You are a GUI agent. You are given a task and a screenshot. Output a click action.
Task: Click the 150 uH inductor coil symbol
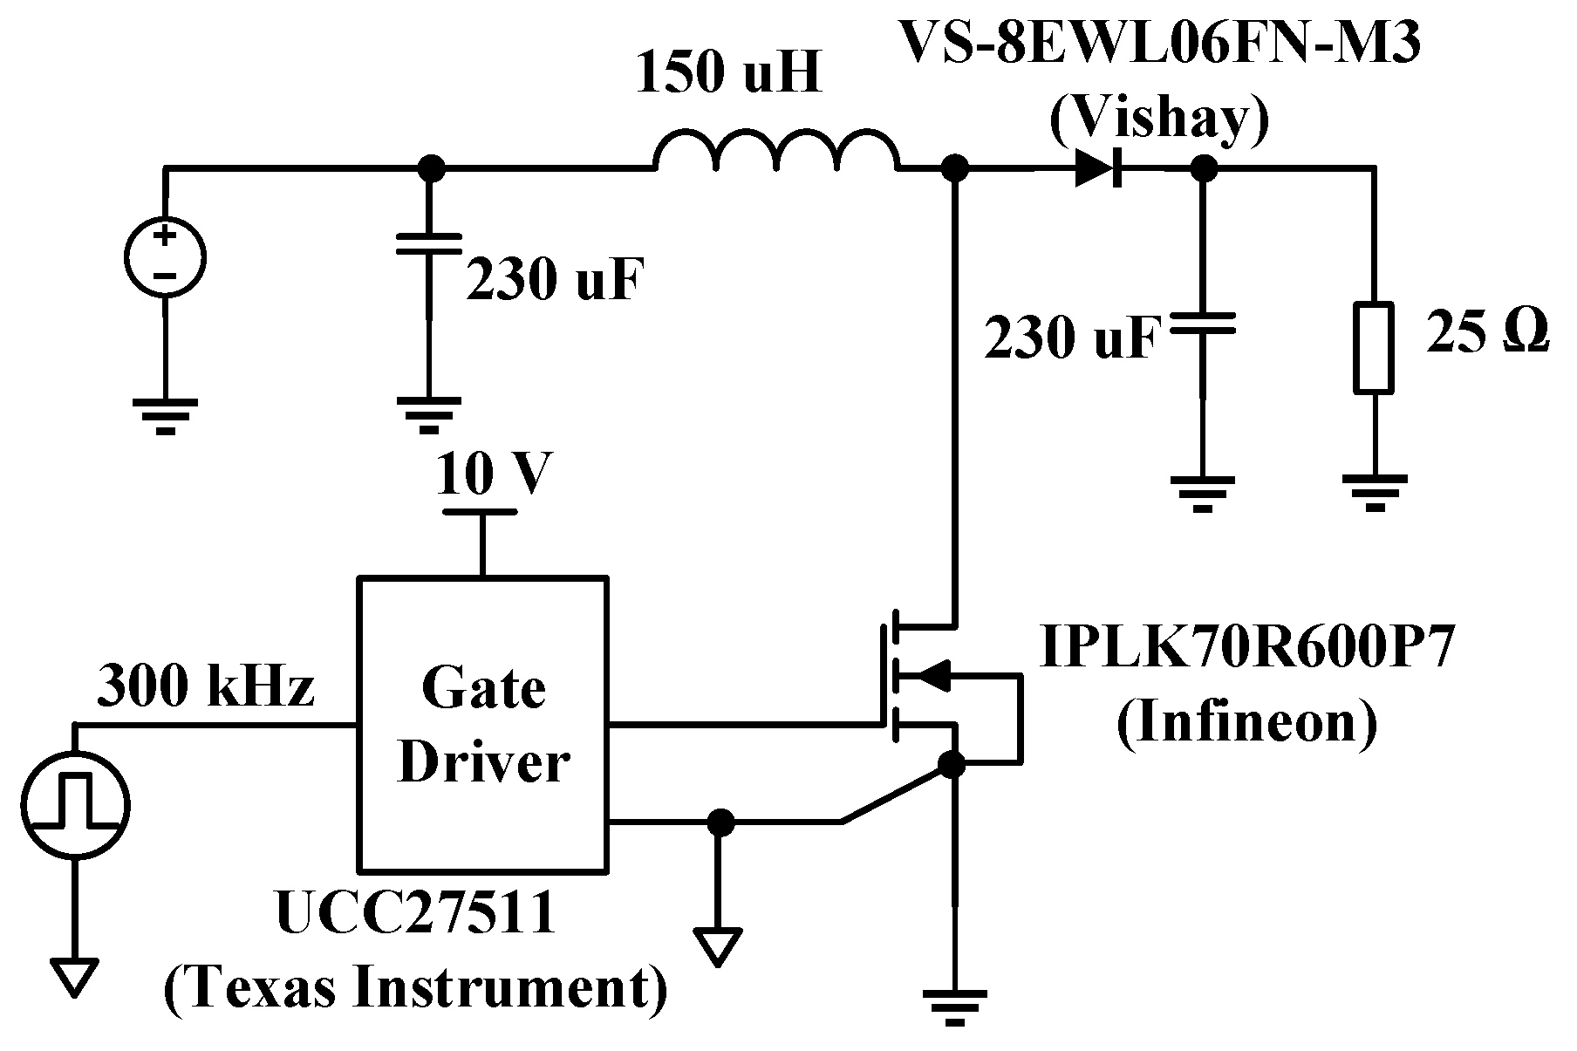coord(775,152)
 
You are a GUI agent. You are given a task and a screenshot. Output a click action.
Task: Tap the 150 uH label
coord(728,74)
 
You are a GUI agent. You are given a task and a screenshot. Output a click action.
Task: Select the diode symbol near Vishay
coord(1097,167)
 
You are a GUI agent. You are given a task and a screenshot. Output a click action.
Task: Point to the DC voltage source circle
coord(165,257)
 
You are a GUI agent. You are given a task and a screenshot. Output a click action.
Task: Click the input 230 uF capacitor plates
coord(427,243)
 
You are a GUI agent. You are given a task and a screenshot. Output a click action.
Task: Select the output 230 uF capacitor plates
coord(1202,324)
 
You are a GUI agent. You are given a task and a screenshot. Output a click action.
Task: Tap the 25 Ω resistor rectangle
coord(1373,346)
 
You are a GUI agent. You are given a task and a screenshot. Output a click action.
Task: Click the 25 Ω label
coord(1487,333)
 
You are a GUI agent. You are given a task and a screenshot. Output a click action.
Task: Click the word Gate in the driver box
coord(483,688)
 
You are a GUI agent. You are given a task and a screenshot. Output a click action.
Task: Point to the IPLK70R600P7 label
coord(1247,646)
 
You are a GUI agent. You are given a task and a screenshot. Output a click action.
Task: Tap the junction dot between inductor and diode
coord(955,167)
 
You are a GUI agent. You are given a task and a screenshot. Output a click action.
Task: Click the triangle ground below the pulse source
coord(74,977)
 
